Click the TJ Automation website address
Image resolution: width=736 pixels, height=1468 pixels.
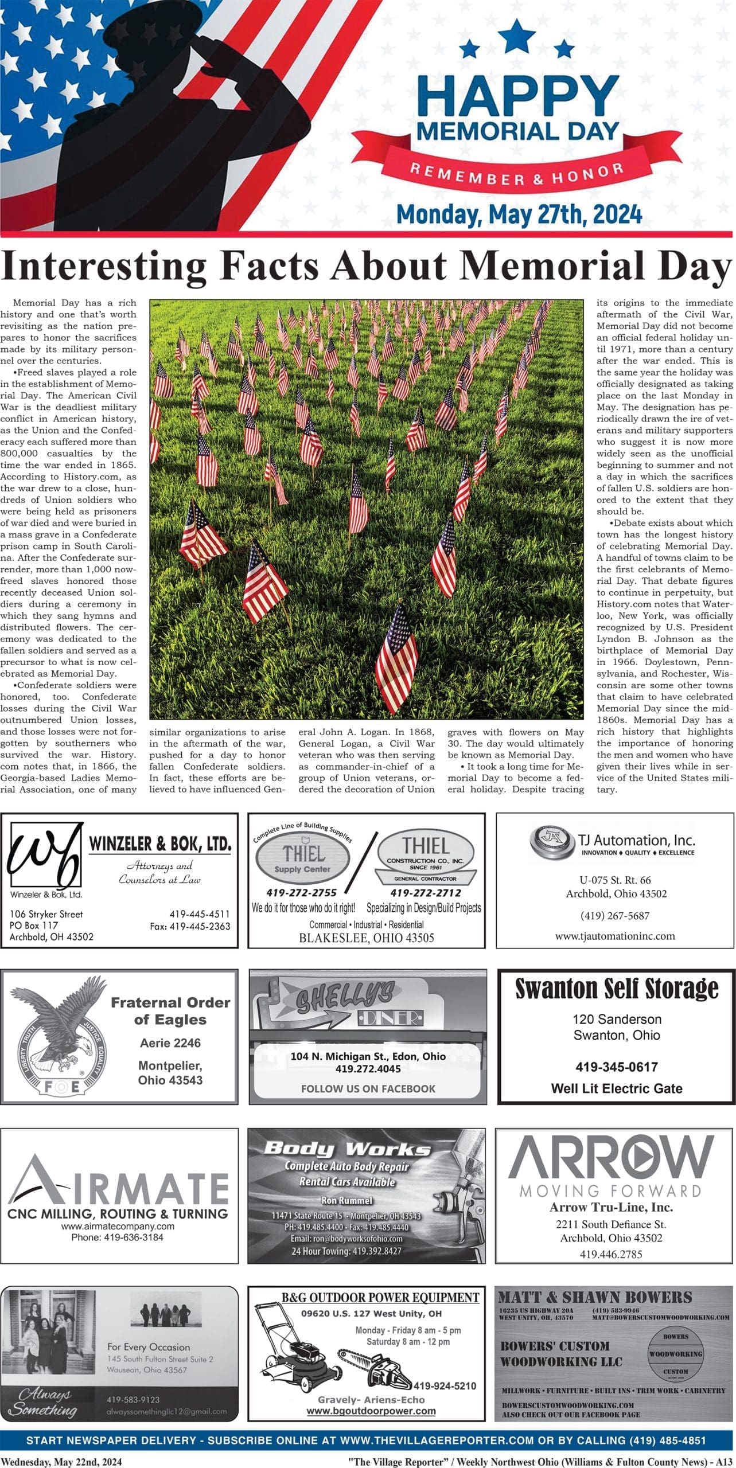pyautogui.click(x=614, y=936)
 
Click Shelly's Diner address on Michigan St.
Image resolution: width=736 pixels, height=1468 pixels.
pyautogui.click(x=368, y=1056)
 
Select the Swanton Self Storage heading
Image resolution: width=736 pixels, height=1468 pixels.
pyautogui.click(x=617, y=988)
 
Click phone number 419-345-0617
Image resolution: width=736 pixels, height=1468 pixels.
pyautogui.click(x=617, y=1067)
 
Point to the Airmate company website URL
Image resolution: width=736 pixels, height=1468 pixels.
pyautogui.click(x=118, y=1226)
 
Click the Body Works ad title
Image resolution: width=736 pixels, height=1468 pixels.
pyautogui.click(x=346, y=1149)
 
